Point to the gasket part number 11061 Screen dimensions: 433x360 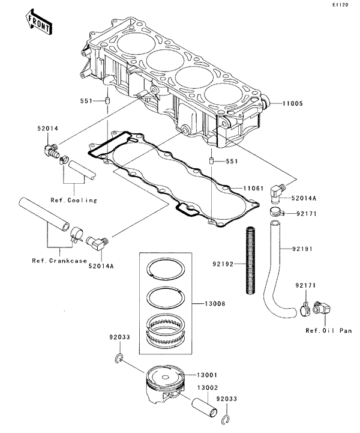click(x=254, y=189)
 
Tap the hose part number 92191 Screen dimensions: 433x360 click(x=319, y=248)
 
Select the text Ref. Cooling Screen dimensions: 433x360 click(x=74, y=200)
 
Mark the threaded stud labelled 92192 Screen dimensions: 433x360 click(x=252, y=260)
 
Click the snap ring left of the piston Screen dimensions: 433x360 click(x=119, y=360)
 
